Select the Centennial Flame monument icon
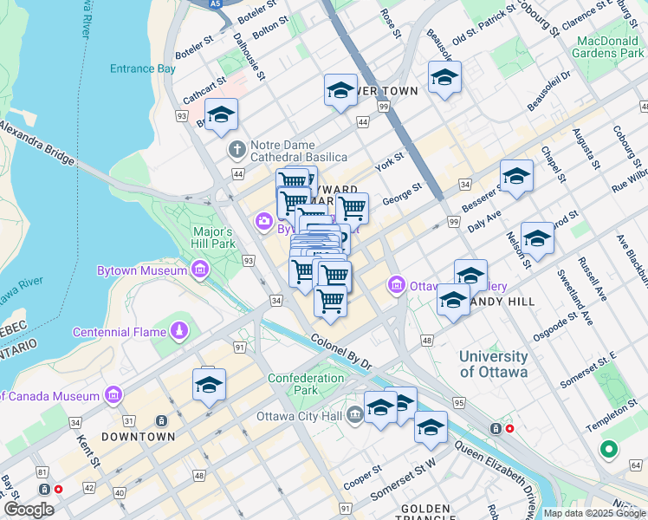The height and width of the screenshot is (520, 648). pos(179,331)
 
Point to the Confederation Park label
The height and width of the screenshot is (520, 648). pos(306,384)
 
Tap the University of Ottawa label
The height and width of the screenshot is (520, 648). pos(493,364)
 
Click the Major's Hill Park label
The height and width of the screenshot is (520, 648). pos(213,238)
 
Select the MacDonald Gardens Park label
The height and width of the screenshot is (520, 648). pos(609,47)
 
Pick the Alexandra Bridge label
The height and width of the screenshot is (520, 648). pos(39,140)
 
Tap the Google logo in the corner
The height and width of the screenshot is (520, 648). pos(29,510)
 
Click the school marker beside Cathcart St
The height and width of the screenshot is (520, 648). pos(222,116)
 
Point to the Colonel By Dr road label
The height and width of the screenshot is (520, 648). pos(341,353)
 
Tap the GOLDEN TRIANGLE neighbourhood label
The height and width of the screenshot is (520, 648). pos(425,513)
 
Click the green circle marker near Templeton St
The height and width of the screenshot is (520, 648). pos(608,450)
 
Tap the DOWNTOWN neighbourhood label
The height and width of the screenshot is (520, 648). pos(139,437)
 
